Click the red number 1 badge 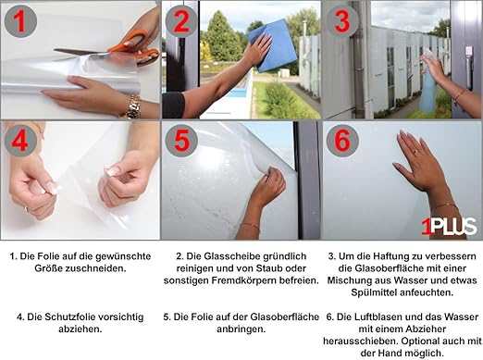(x=20, y=21)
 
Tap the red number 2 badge (x=181, y=21)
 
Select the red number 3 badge (x=342, y=21)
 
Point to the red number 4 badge (x=20, y=141)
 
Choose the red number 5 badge (x=181, y=141)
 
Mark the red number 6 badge (x=342, y=141)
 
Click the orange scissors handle (x=136, y=49)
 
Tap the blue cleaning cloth (x=273, y=45)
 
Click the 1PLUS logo (x=449, y=227)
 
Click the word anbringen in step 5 (x=241, y=329)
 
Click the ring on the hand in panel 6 (x=415, y=152)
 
